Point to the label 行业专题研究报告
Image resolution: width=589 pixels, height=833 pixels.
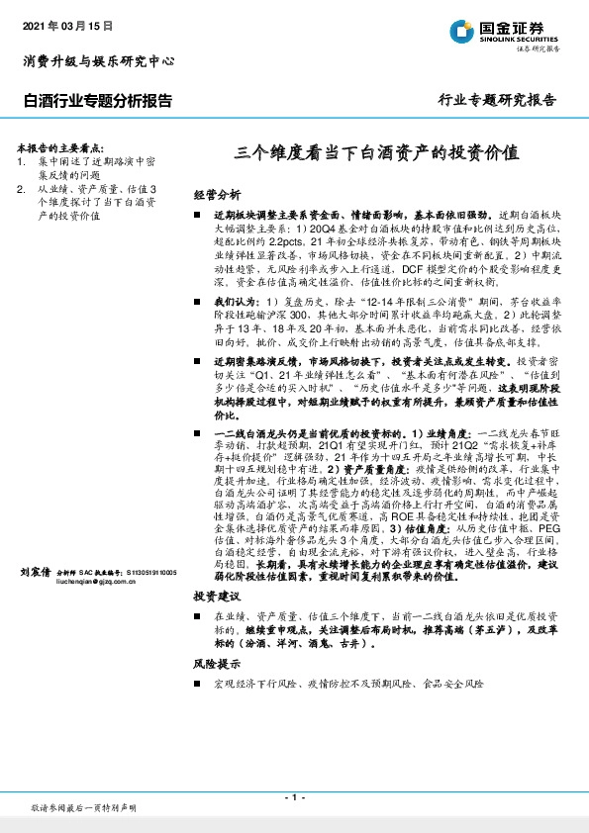coord(497,101)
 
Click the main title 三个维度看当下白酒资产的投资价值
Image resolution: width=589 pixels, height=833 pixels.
coord(376,154)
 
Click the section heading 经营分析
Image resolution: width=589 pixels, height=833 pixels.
coord(216,194)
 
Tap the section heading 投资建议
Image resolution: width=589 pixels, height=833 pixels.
coord(216,598)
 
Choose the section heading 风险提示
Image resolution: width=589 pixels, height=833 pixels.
coord(216,665)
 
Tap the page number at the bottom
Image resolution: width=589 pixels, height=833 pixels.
coord(293,797)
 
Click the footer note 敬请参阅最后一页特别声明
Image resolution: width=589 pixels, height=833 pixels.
coord(83,808)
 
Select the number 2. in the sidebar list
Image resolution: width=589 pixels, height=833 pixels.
coord(23,187)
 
